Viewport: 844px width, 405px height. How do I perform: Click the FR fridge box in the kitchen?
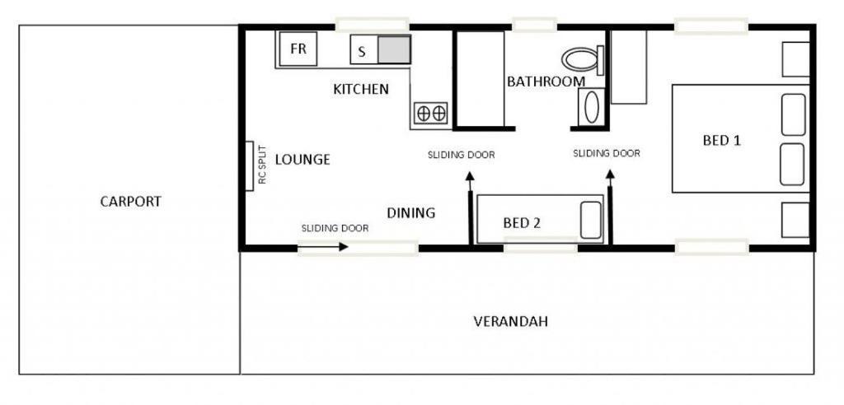[x=298, y=49]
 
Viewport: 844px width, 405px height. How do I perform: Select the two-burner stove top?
[x=430, y=113]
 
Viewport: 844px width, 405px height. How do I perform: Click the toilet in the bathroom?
[x=583, y=59]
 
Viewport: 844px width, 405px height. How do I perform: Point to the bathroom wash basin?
[x=591, y=106]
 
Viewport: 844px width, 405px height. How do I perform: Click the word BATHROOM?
[x=546, y=81]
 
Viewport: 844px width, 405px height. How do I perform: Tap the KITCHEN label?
[x=361, y=89]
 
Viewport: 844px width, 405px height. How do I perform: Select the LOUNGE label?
[x=302, y=160]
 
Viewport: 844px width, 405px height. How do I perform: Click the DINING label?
[x=411, y=213]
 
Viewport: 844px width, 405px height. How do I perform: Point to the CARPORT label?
[x=131, y=202]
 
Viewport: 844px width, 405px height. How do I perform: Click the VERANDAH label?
[x=511, y=322]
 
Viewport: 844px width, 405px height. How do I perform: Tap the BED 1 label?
[x=722, y=141]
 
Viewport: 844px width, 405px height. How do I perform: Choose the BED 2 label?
[x=522, y=223]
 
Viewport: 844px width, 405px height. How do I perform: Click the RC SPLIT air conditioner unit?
[x=250, y=165]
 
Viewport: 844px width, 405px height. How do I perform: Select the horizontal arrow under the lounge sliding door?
[x=323, y=247]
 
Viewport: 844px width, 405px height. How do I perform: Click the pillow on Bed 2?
[x=590, y=220]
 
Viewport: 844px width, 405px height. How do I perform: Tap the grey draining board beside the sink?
[x=394, y=49]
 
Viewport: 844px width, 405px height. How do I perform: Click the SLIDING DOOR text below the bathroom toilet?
[x=607, y=154]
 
